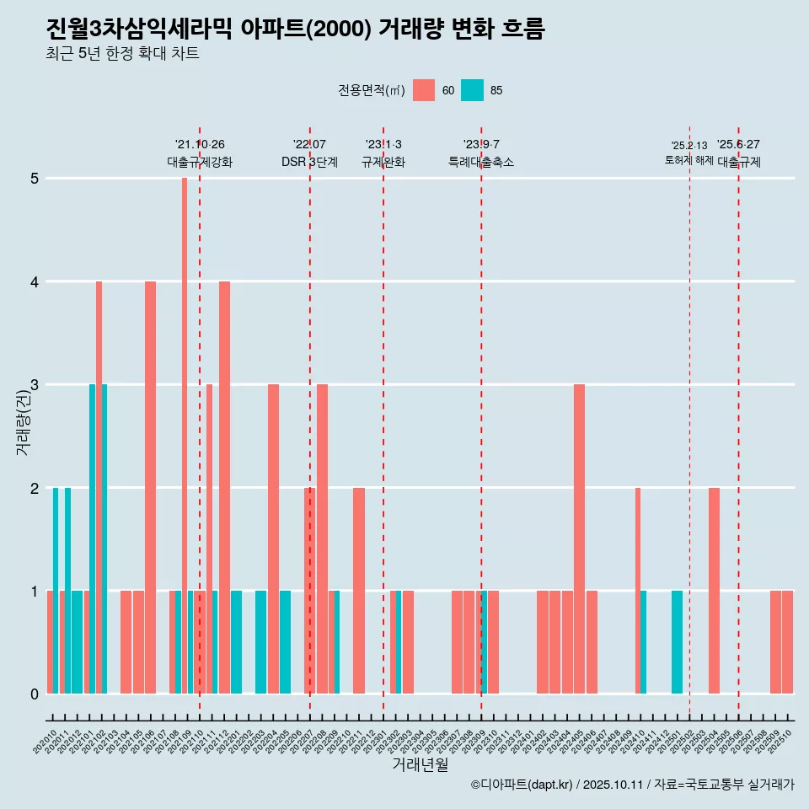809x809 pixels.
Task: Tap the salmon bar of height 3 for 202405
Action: pos(579,538)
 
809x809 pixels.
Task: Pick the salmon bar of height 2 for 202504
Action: pos(714,590)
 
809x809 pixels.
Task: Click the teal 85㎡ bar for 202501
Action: pos(677,641)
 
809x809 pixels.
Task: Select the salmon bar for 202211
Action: pos(359,590)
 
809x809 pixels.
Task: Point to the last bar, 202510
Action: pos(787,641)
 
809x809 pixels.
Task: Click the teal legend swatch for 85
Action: pos(473,90)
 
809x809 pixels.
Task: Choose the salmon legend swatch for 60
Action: pos(424,90)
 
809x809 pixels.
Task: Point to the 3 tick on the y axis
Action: pos(35,385)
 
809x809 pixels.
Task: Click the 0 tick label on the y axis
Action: pos(35,694)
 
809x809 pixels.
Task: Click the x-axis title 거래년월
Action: pos(420,764)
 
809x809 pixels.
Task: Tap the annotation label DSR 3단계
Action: pos(309,163)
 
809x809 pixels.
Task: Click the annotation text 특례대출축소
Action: pos(480,163)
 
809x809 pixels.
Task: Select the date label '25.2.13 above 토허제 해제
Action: pos(688,146)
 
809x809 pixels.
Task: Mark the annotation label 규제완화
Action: pos(383,163)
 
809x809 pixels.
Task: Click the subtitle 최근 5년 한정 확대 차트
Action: pos(123,54)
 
